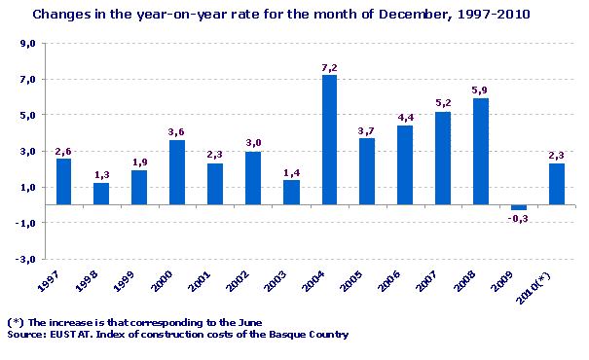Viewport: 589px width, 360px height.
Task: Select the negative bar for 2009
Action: pos(519,207)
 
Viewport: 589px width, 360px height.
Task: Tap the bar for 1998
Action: pos(101,194)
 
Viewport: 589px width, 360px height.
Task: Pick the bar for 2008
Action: pos(481,151)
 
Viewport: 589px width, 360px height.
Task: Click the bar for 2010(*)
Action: pos(557,184)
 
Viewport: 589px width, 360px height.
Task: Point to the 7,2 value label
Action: pos(329,68)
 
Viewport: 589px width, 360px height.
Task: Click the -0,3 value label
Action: pos(519,219)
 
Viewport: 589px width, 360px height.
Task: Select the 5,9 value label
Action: pos(481,90)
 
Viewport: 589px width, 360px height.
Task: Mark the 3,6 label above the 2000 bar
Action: pos(177,132)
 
